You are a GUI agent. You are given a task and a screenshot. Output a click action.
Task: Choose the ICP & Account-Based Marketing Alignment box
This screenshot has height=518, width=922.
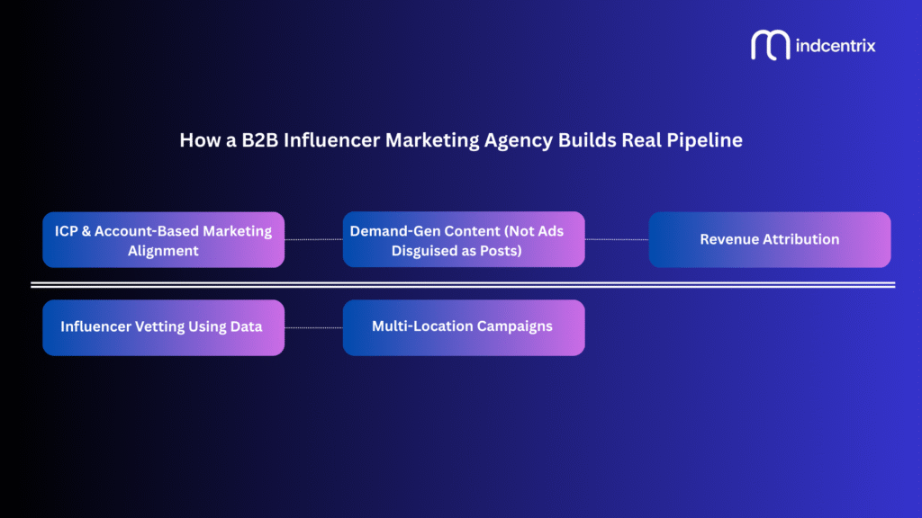point(163,240)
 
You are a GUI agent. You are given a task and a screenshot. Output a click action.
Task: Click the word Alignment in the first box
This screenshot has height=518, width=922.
point(163,251)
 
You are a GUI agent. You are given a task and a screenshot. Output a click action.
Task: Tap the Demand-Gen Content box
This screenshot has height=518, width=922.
point(464,240)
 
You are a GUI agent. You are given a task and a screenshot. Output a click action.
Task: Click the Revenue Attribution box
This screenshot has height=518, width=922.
point(769,240)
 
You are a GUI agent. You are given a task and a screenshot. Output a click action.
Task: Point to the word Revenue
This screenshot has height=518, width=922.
point(729,240)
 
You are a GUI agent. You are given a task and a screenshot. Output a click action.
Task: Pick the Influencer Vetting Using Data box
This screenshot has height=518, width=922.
point(163,326)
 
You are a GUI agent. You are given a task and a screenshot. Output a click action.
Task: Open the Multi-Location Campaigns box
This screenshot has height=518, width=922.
point(464,326)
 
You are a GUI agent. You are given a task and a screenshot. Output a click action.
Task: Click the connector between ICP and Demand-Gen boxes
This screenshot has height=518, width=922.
point(313,240)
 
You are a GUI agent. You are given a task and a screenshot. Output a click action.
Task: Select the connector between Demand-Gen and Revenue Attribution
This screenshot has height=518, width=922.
point(617,240)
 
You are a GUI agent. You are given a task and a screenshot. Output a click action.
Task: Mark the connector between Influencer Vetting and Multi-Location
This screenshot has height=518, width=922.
point(313,327)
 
